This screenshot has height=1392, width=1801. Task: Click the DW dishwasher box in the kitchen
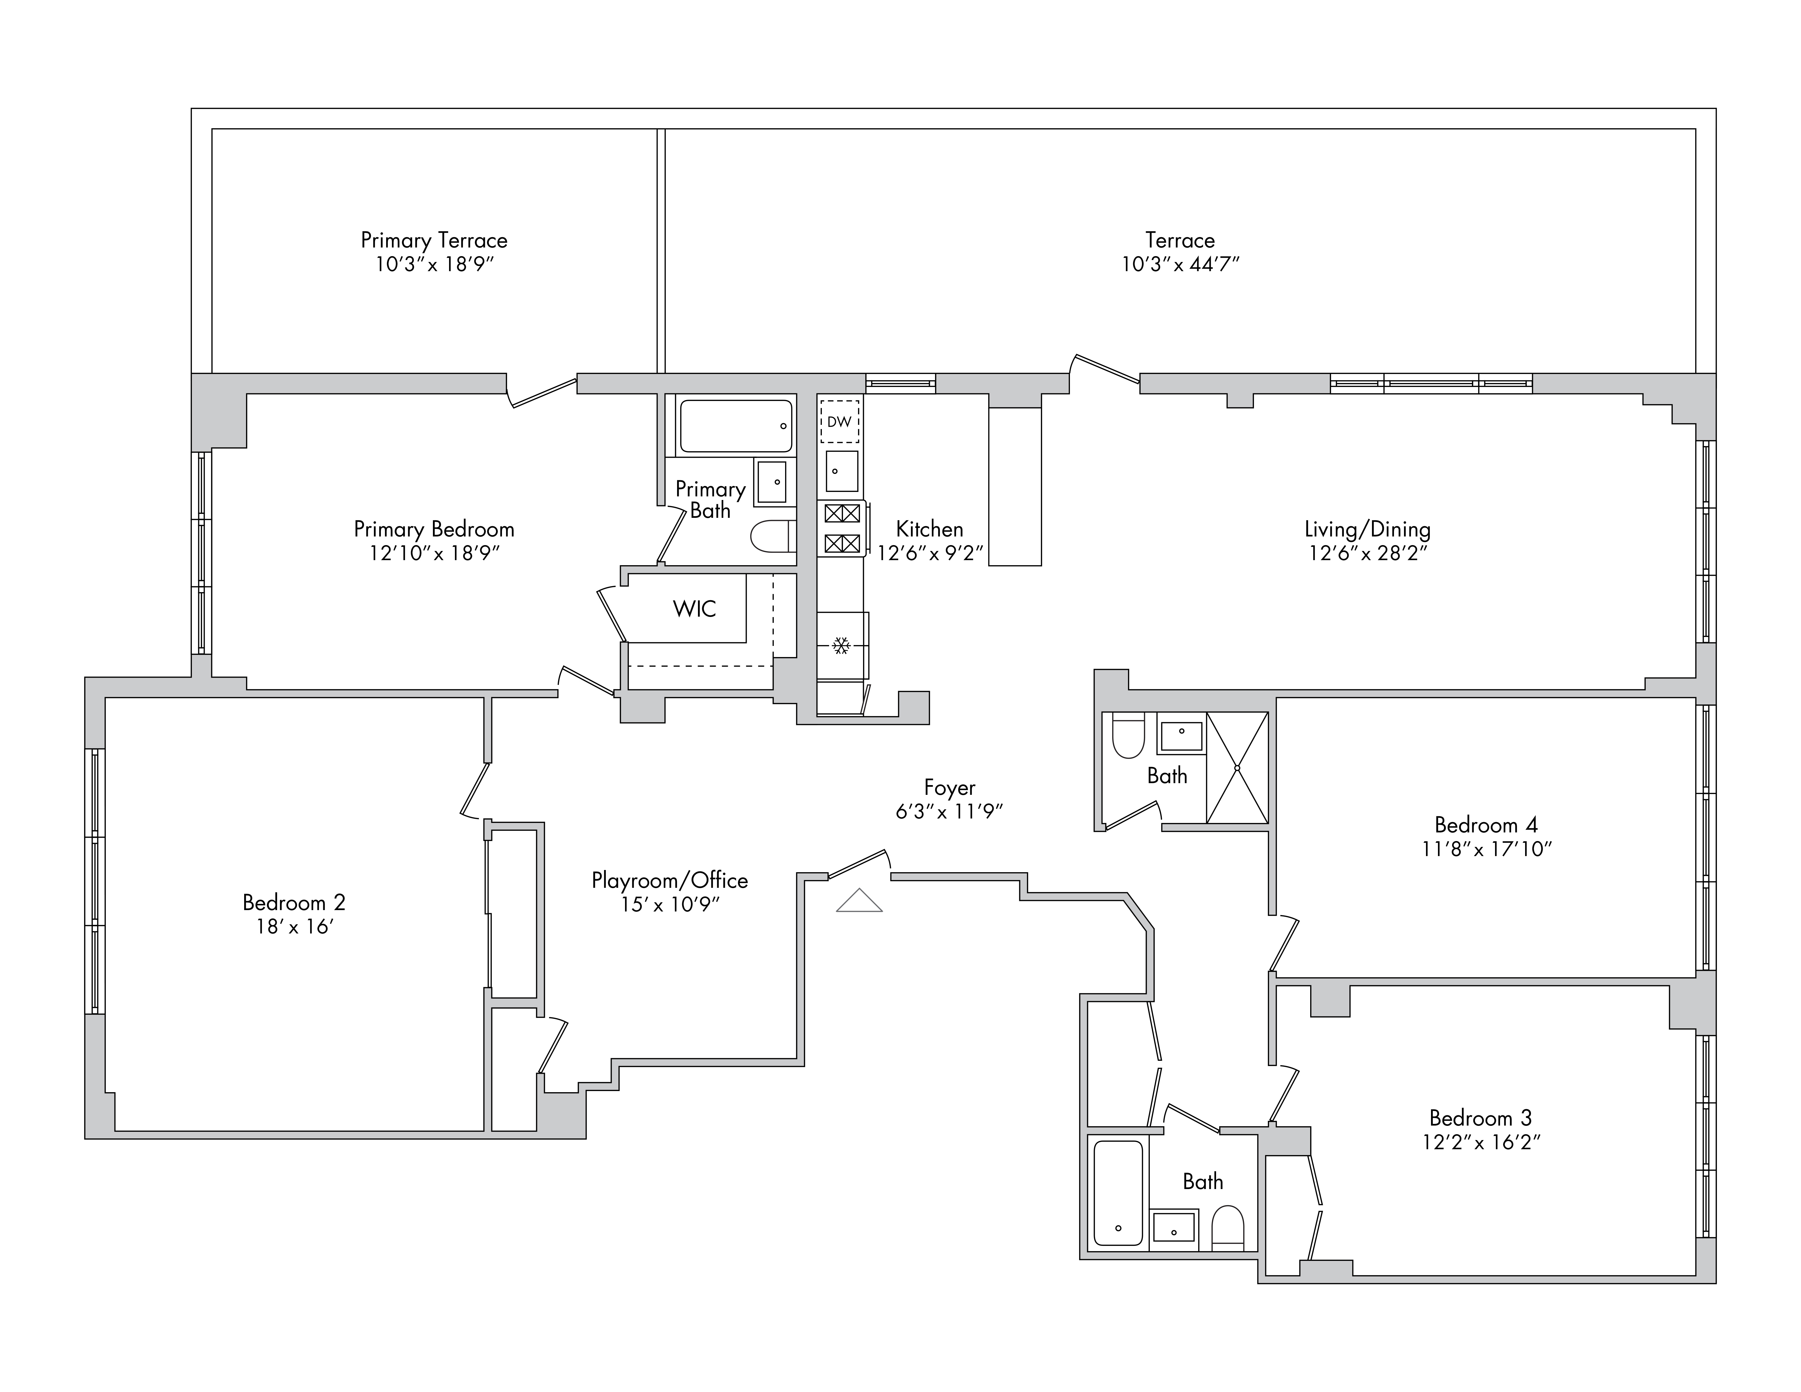click(839, 421)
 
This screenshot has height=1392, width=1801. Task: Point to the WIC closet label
click(694, 609)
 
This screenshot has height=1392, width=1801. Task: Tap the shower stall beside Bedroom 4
click(1237, 768)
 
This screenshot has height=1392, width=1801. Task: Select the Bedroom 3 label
click(1480, 1118)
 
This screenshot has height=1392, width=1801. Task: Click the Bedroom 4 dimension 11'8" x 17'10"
click(1487, 849)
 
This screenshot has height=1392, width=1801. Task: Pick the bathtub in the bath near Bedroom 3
click(1118, 1192)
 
